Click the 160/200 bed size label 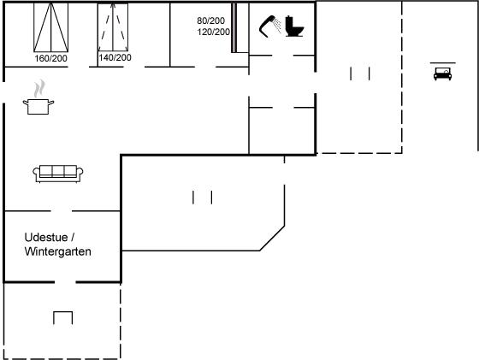(x=50, y=58)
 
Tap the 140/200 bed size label (x=115, y=57)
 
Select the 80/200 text (x=210, y=21)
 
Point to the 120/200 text (x=214, y=32)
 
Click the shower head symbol (x=266, y=27)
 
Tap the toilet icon (x=294, y=27)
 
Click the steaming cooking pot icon (x=38, y=97)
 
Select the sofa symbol (x=58, y=174)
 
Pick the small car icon (x=443, y=74)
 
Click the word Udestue (x=46, y=237)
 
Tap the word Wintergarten (x=58, y=251)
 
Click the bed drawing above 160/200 (x=51, y=27)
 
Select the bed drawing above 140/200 (x=113, y=27)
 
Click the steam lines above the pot (x=39, y=89)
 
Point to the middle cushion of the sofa (x=58, y=170)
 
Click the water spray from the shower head (x=277, y=25)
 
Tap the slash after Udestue (x=72, y=237)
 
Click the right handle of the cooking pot (x=51, y=103)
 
